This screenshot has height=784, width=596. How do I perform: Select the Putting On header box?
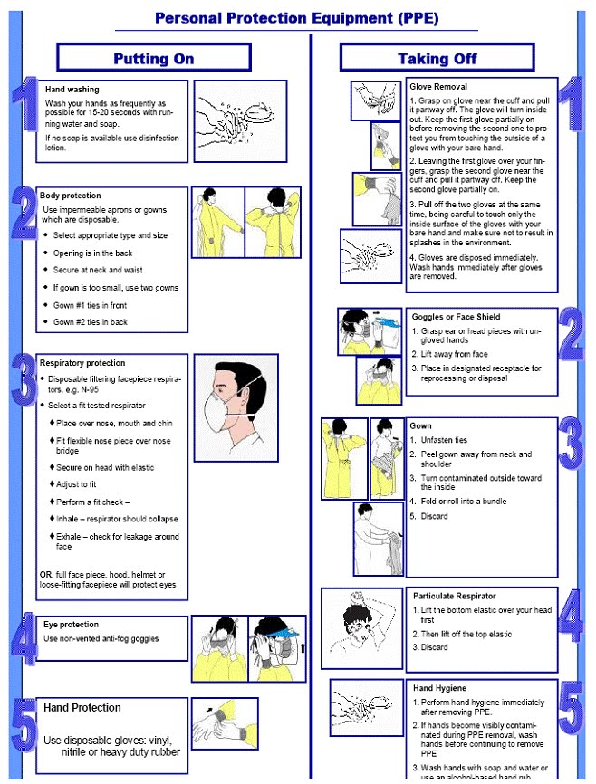coord(153,59)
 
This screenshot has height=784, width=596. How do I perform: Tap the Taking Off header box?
coord(437,59)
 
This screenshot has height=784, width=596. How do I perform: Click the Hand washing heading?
coord(71,90)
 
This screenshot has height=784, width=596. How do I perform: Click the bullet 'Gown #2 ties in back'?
coord(90,322)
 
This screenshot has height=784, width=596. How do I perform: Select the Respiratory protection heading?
coord(82,363)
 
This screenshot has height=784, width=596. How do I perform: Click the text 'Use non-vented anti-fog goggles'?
coord(101,639)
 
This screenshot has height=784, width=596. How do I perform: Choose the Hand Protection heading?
coord(82,708)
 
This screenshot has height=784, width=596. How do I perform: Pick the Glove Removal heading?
coord(438,86)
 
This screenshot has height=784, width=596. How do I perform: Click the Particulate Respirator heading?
coord(455,597)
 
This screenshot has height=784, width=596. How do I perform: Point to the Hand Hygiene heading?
coord(440,689)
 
